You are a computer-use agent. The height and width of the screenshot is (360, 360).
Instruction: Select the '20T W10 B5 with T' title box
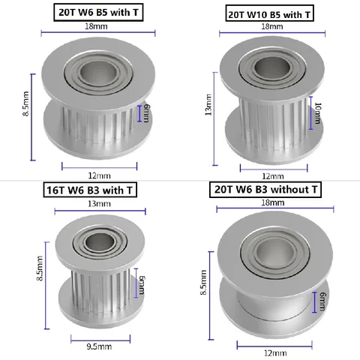click(x=268, y=13)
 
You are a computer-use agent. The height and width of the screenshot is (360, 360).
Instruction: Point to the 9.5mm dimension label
click(x=99, y=346)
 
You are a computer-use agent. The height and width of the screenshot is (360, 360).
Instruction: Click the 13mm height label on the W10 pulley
click(x=208, y=108)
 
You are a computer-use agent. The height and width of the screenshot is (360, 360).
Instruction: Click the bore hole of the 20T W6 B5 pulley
click(x=94, y=75)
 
